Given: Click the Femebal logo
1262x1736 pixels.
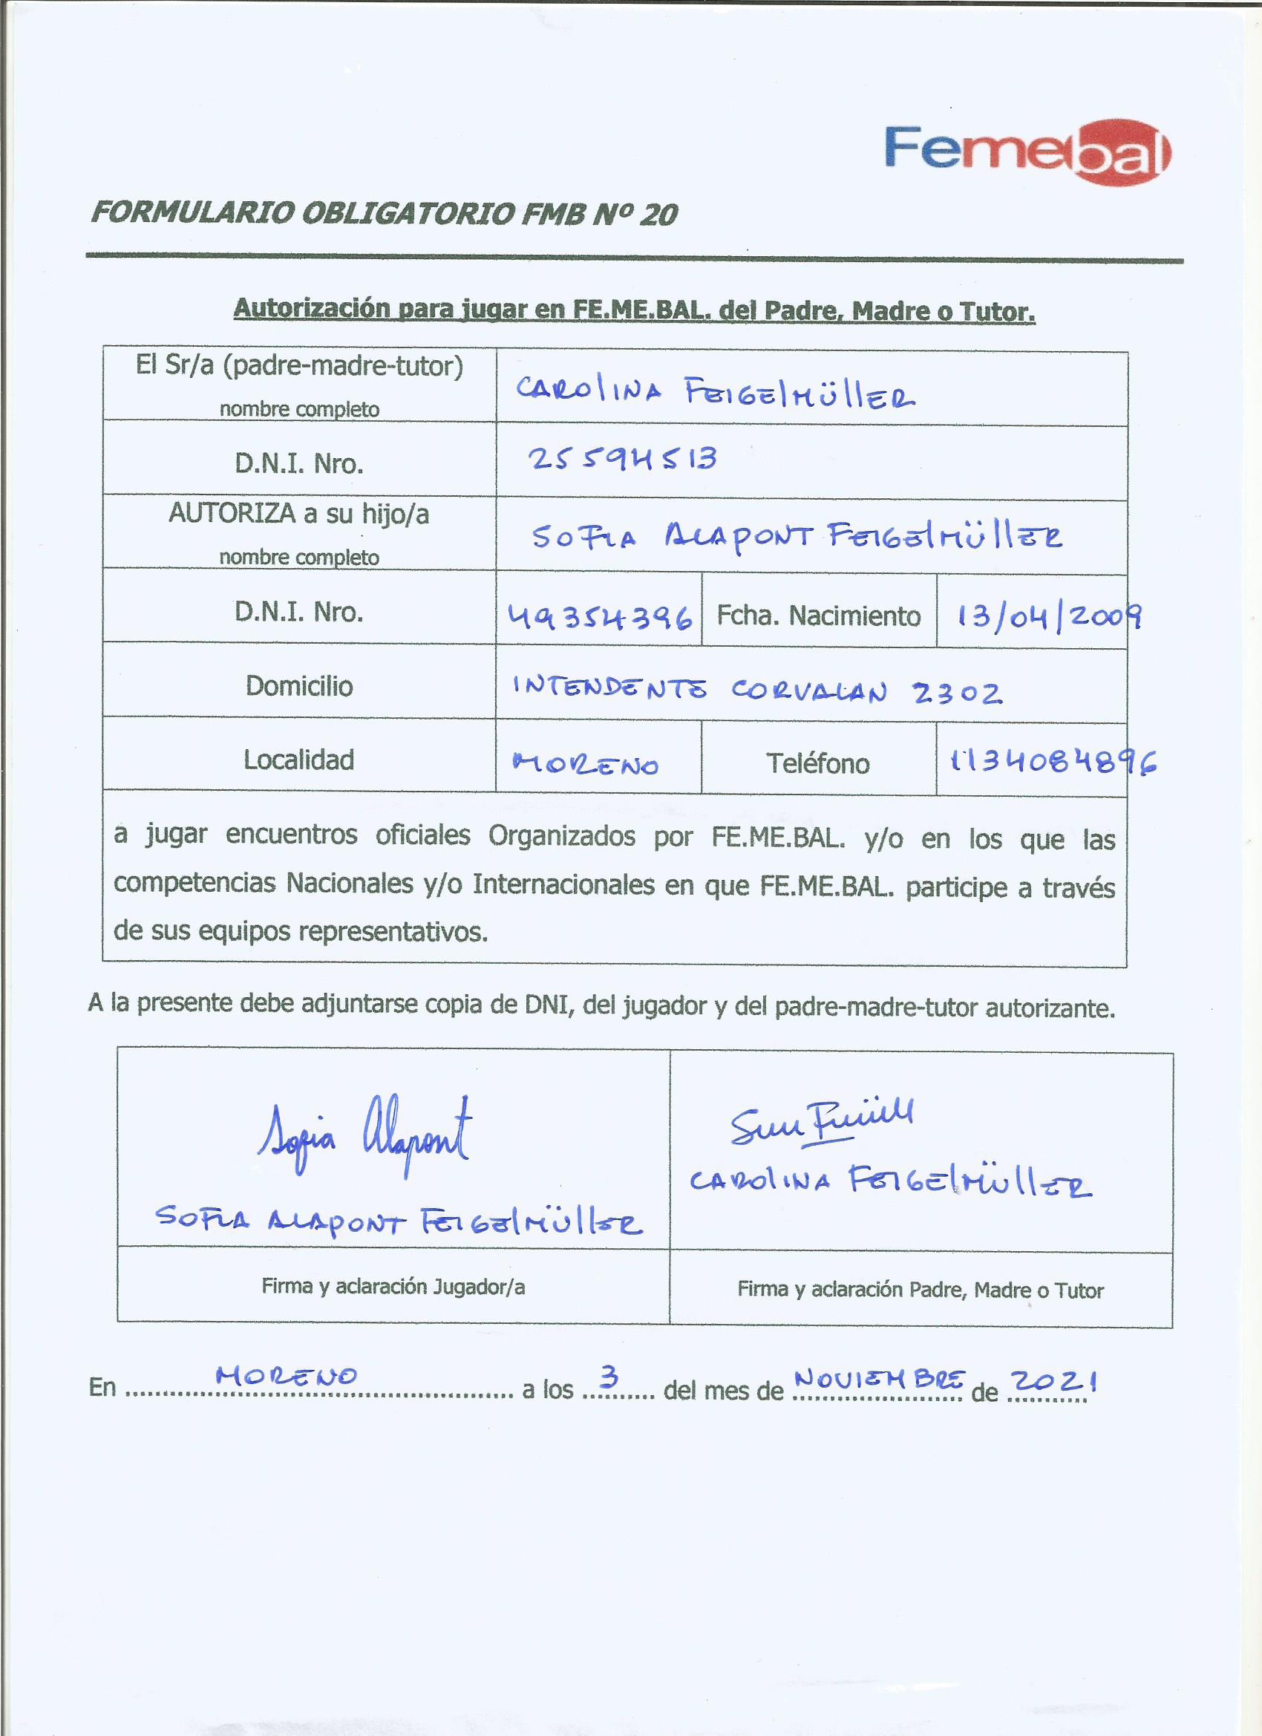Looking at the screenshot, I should tap(1027, 151).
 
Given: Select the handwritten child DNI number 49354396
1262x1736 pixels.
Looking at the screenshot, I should tap(600, 616).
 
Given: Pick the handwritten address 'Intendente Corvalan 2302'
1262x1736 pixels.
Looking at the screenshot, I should tap(756, 691).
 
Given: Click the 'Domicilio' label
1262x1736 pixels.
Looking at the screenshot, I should tap(299, 686).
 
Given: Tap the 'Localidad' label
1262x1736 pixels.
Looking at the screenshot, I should tap(298, 760).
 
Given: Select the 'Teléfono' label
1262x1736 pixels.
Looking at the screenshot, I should tap(818, 763).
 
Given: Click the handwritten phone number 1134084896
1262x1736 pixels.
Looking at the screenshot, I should tap(1053, 763).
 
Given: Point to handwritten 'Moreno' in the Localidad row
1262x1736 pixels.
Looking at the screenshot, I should tap(586, 764).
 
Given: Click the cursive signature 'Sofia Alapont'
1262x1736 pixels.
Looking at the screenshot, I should tap(365, 1135).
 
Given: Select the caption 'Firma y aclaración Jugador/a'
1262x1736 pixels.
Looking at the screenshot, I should tap(393, 1287).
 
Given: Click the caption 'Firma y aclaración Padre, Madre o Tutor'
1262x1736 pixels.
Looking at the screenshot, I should tap(920, 1290).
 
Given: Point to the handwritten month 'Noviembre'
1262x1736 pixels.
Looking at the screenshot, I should tap(880, 1380).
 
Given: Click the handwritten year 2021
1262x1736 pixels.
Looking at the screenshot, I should tap(1054, 1381).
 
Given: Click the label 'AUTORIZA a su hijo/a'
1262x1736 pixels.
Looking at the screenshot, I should tap(298, 514).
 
